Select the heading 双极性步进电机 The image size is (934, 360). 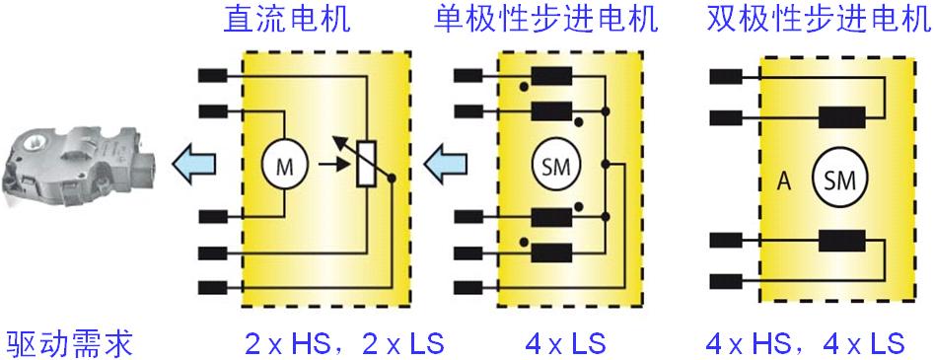[x=818, y=21]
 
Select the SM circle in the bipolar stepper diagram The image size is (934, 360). [x=837, y=179]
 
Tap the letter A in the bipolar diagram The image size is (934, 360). [x=785, y=180]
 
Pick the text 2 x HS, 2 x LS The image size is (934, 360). [x=344, y=344]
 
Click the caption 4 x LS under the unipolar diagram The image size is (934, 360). [x=565, y=344]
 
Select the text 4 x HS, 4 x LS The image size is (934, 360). [x=806, y=344]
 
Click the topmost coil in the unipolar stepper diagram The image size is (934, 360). [x=550, y=76]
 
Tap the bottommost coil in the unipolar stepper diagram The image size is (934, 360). [x=550, y=250]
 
